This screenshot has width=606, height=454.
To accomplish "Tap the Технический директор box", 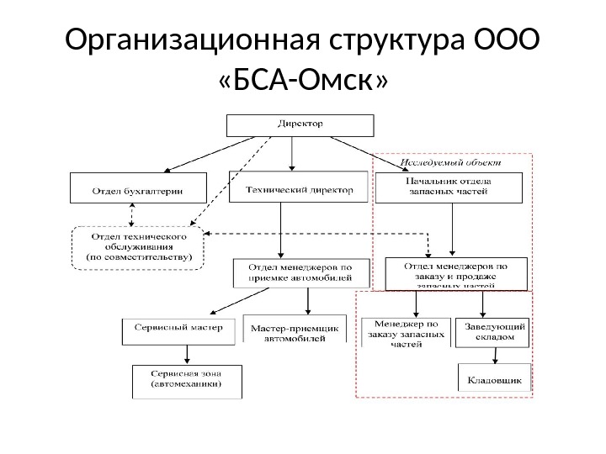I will [x=299, y=189].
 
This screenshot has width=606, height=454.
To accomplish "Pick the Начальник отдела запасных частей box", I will [x=449, y=187].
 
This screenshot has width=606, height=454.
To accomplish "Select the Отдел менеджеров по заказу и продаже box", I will [x=456, y=274].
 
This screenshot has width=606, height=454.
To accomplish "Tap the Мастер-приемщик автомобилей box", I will [x=295, y=329].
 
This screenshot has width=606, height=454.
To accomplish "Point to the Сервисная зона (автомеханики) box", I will [x=187, y=382].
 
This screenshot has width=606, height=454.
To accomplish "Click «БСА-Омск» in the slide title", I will [x=303, y=80].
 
